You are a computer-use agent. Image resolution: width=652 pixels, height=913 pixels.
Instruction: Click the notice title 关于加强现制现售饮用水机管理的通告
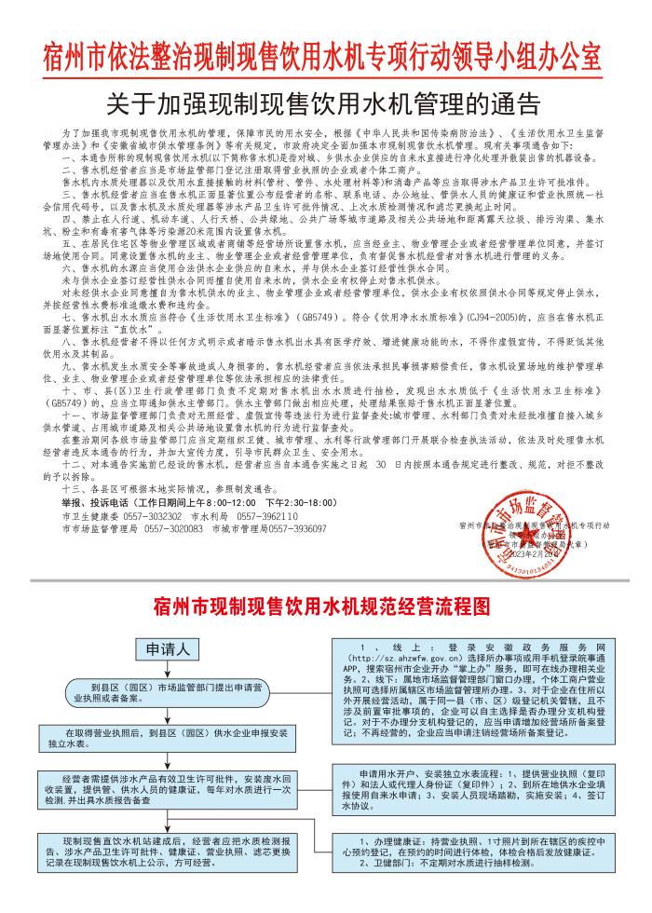(326, 100)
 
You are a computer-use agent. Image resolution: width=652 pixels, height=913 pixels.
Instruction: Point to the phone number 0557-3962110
(267, 515)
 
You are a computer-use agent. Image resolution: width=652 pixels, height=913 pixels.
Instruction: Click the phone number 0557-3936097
(298, 528)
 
